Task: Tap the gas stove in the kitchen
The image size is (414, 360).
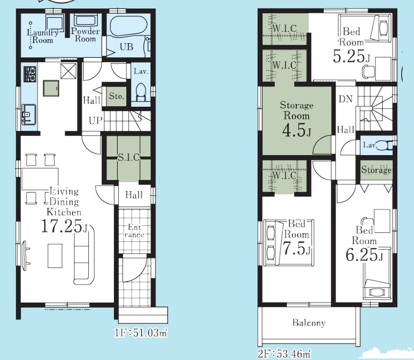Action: (x=30, y=74)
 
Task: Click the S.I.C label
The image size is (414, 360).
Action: (x=129, y=157)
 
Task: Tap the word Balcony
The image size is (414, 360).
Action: (x=309, y=323)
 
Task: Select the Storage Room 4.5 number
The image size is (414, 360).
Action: (x=297, y=130)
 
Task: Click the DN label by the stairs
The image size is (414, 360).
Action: (x=346, y=99)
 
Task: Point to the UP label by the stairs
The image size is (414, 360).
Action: (x=95, y=121)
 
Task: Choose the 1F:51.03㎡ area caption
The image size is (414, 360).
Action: (x=141, y=333)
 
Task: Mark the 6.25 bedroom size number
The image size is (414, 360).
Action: (x=364, y=255)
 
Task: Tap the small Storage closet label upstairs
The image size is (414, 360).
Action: (x=376, y=170)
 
